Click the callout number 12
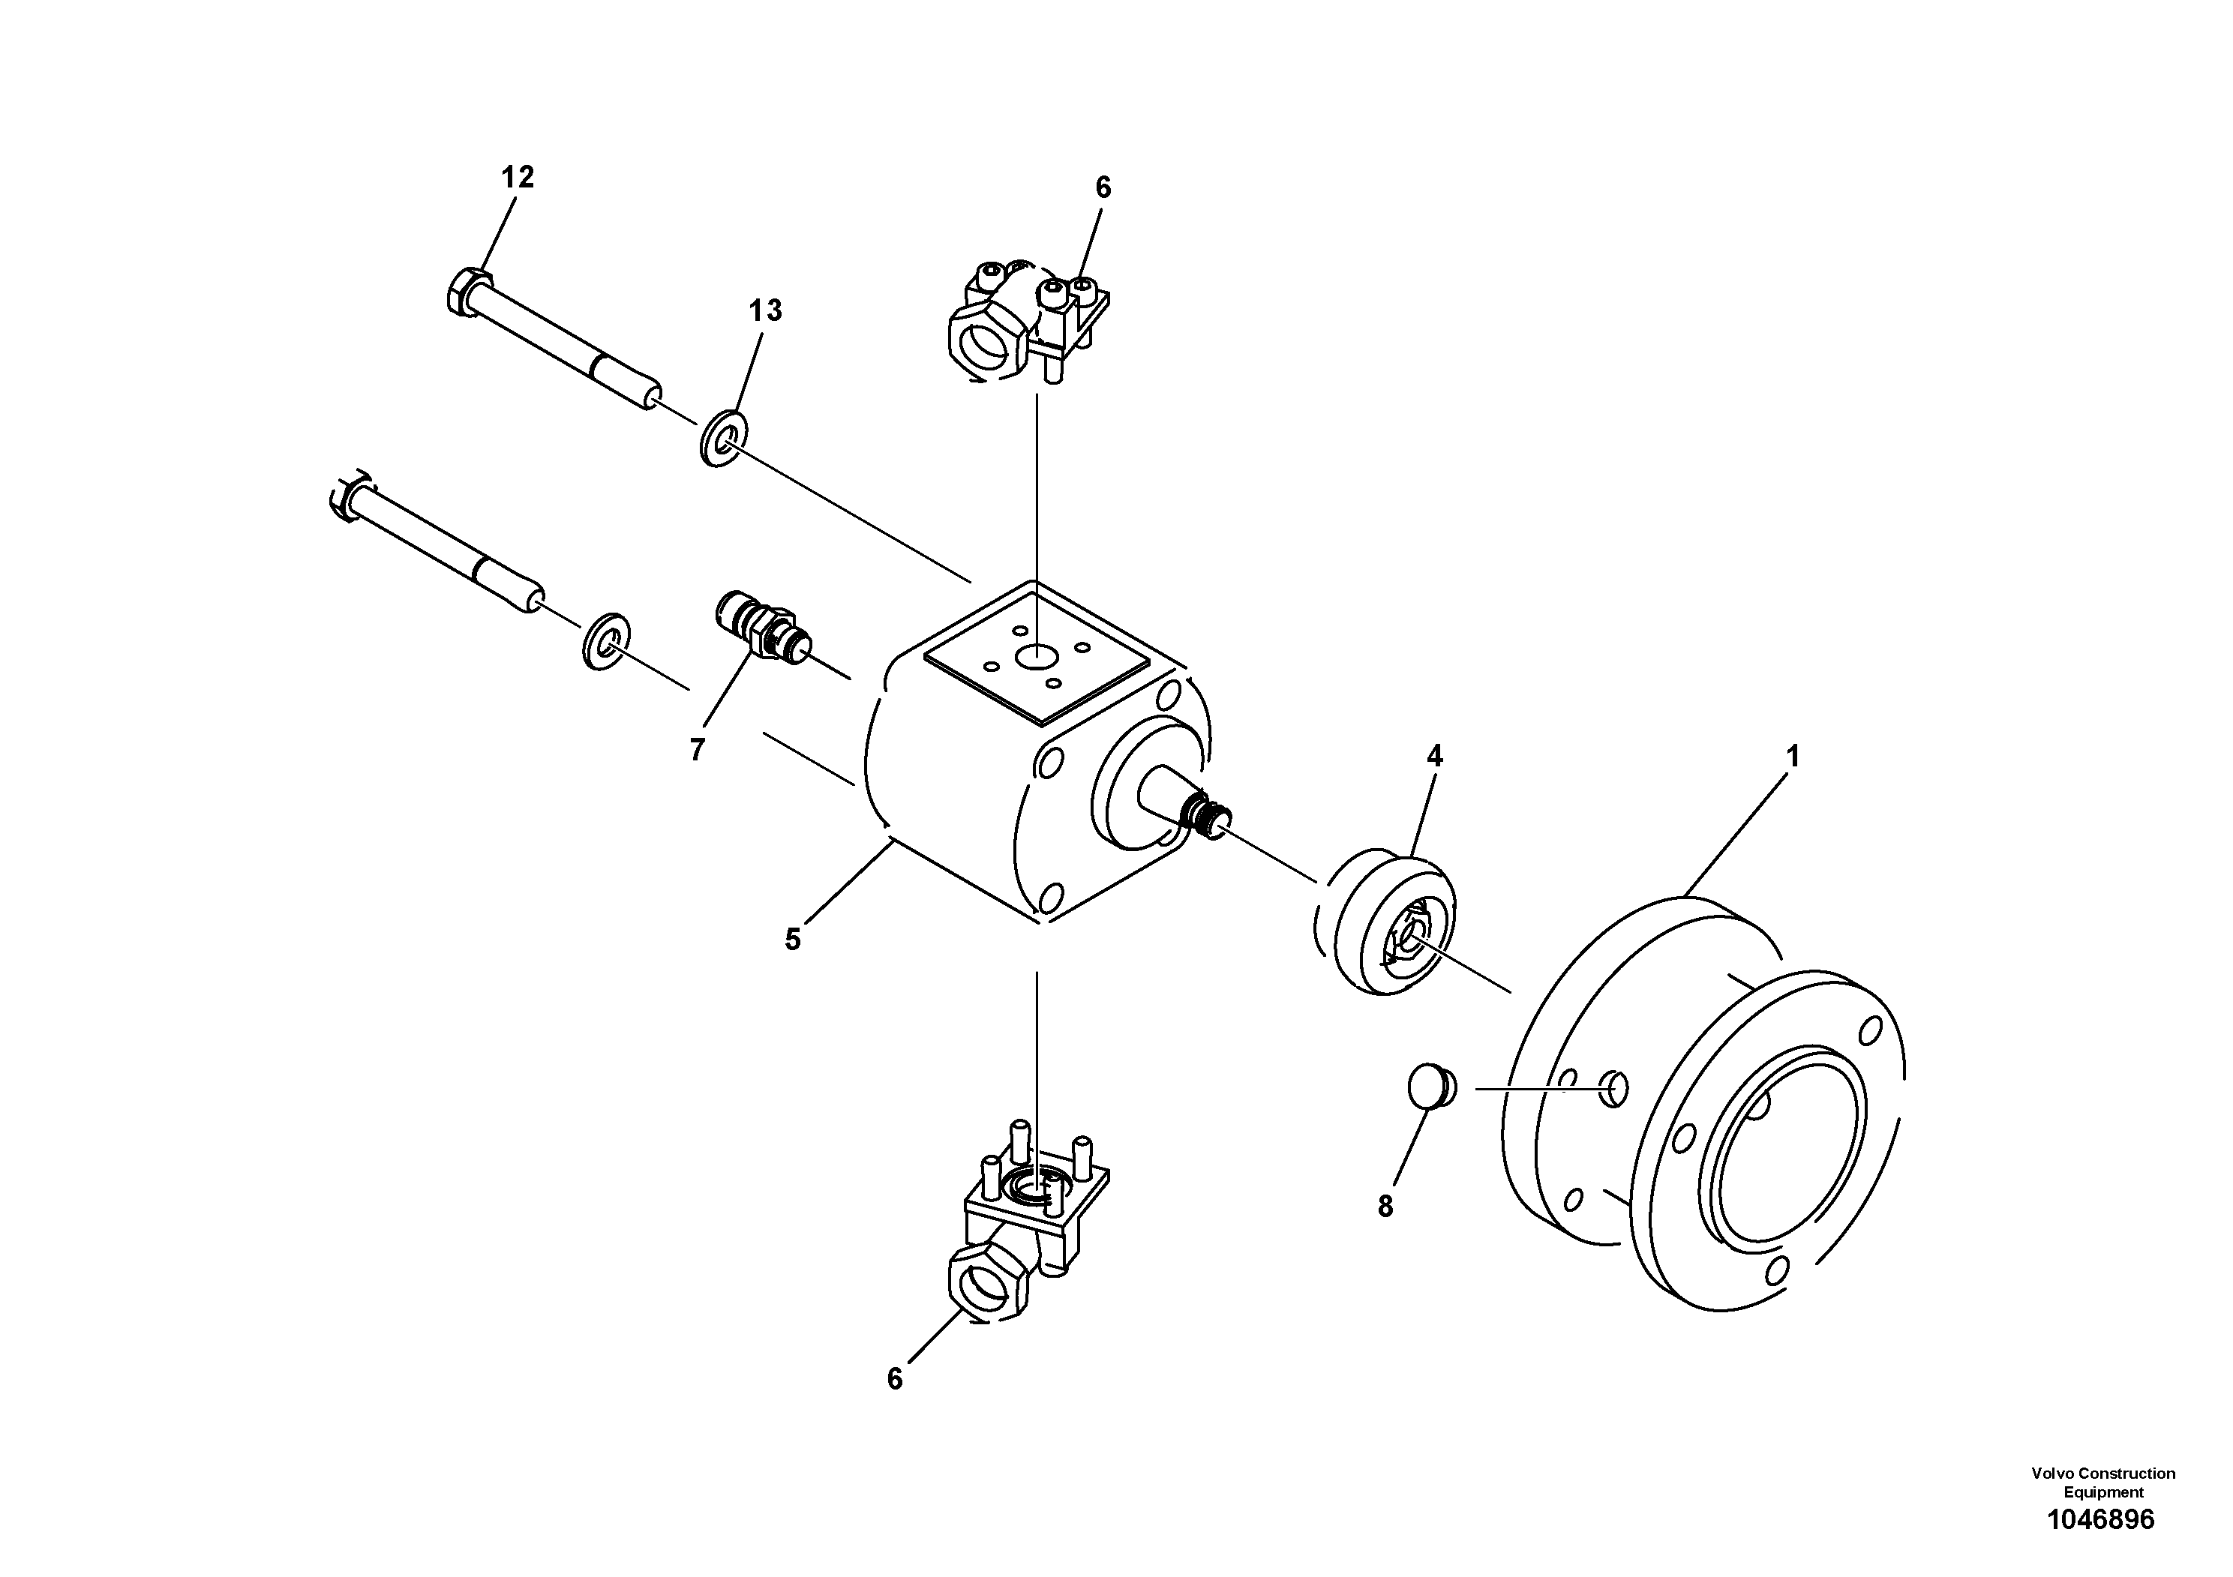[x=518, y=178]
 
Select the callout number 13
[x=765, y=311]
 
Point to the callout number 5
[x=793, y=939]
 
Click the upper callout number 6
[x=1103, y=187]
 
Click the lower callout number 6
[x=895, y=1379]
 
